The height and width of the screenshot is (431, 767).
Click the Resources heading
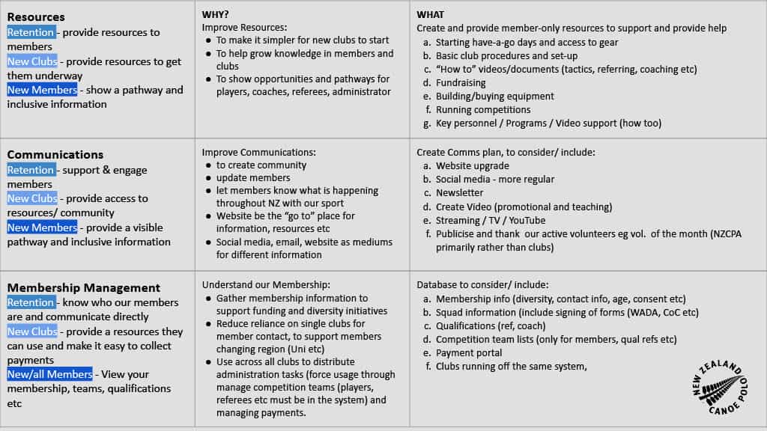tap(36, 16)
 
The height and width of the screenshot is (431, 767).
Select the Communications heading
tap(55, 154)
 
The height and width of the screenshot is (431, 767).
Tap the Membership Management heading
tap(84, 287)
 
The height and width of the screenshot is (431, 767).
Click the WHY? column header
tap(216, 14)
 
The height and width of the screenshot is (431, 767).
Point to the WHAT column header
tap(431, 14)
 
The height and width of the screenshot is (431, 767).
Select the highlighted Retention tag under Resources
tap(31, 32)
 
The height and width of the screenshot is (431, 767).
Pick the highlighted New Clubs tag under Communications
tap(32, 198)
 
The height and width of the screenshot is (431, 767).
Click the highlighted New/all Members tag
tap(50, 374)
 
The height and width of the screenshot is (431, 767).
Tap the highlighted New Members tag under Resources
tap(42, 90)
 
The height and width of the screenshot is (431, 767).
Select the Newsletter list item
tap(459, 192)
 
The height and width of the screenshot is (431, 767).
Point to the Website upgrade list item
tap(472, 165)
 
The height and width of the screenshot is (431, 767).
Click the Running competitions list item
tap(482, 109)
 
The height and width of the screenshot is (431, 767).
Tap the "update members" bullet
tap(252, 177)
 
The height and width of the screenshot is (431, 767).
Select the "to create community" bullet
tap(261, 165)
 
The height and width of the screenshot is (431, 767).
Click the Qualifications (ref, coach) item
tap(491, 325)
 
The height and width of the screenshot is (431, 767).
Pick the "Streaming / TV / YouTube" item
tap(491, 220)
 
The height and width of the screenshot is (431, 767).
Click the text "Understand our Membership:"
tap(266, 284)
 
